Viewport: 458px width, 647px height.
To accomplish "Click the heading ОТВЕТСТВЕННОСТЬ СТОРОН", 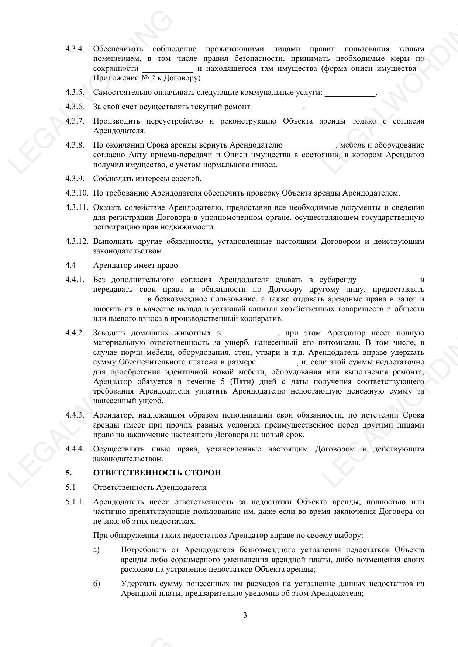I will coord(157,473).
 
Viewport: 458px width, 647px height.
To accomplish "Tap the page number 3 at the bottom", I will coord(245,615).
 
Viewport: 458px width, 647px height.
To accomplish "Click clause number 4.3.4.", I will coord(75,49).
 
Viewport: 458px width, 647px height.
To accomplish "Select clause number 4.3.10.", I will coord(77,193).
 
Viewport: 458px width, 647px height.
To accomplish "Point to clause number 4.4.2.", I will coord(75,333).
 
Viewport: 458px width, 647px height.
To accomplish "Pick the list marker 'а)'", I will coord(97,550).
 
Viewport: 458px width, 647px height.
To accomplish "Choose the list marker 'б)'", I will coord(97,584).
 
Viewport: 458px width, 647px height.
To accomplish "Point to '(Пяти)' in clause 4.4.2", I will coord(242,381).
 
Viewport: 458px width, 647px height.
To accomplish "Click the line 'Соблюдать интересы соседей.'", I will coord(147,179).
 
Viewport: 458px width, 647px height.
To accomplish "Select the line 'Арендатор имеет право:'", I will coord(137,265).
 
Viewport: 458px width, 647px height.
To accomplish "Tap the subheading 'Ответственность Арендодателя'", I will coord(150,487).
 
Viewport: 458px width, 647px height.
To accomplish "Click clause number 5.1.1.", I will coord(75,502).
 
